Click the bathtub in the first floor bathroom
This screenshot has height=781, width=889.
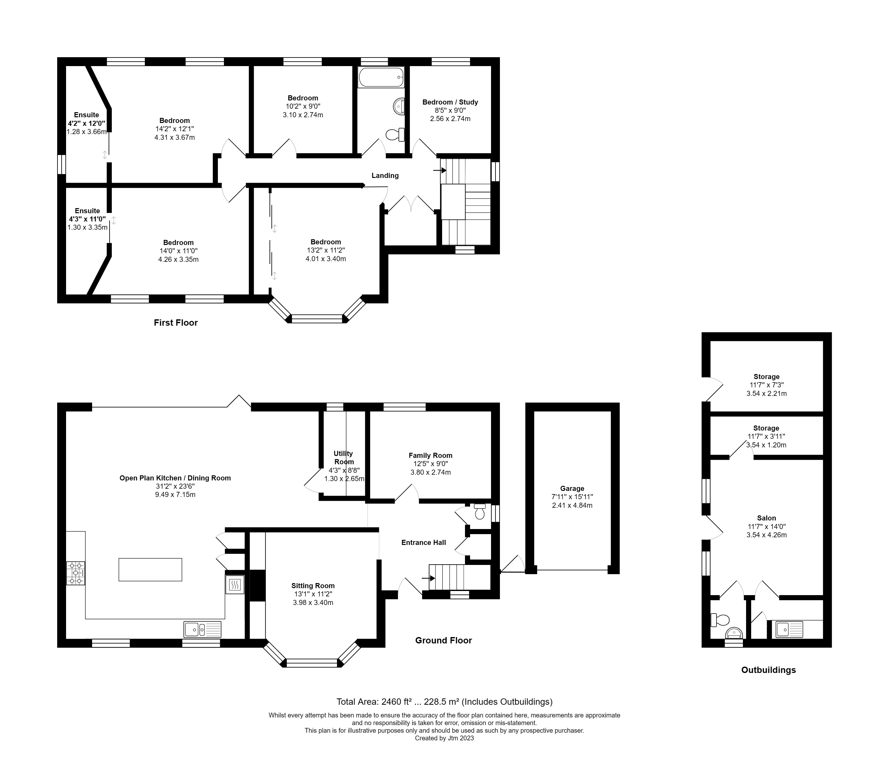pyautogui.click(x=381, y=78)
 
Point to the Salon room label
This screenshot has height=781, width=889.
pyautogui.click(x=766, y=518)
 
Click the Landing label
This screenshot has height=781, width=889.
pyautogui.click(x=385, y=175)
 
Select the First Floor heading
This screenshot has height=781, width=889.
pyautogui.click(x=176, y=323)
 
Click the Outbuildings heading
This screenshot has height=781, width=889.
pyautogui.click(x=769, y=670)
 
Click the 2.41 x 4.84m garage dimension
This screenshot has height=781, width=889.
pyautogui.click(x=572, y=505)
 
